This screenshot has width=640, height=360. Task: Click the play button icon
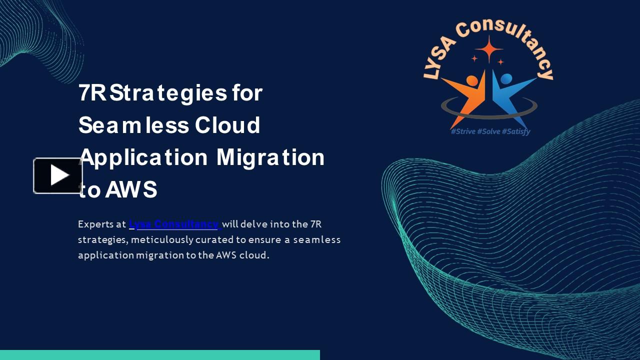58,175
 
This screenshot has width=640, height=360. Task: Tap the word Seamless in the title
133,125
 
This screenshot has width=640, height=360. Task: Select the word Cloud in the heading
227,125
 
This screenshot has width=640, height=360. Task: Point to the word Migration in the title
270,157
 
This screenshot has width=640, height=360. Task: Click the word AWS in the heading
131,189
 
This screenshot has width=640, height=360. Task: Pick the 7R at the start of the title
92,93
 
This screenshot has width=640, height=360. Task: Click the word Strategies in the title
168,93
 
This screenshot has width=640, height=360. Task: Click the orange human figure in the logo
465,95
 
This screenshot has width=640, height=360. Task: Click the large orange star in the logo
489,49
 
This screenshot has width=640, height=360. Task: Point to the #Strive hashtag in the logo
463,131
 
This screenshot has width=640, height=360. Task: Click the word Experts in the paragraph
95,224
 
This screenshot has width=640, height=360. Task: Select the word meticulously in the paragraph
162,239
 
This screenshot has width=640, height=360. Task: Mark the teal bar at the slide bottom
160,355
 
